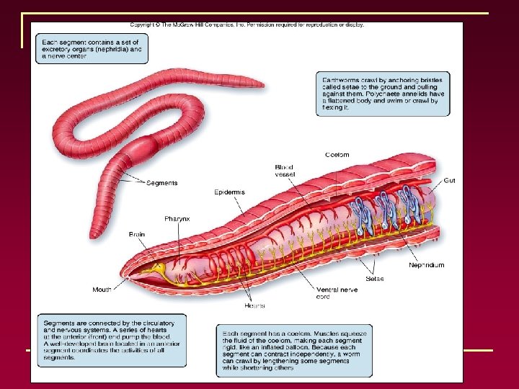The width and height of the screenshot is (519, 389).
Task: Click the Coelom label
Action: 337,155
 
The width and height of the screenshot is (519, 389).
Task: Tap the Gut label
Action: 449,180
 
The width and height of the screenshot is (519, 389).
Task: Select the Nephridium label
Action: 427,265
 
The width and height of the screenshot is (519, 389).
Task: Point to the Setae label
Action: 375,278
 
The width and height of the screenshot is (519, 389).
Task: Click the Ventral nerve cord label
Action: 333,293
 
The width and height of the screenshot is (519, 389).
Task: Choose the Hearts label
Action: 254,305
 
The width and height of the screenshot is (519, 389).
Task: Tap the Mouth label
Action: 102,290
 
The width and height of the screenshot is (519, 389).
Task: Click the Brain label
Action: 137,234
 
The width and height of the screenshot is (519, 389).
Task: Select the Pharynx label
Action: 177,218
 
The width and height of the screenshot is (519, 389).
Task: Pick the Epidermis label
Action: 229,192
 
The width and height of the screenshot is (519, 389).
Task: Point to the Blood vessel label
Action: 284,171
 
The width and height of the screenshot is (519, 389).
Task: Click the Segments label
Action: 161,183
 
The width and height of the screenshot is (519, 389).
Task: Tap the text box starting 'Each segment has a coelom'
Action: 295,351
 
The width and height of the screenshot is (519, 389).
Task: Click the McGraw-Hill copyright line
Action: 245,24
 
